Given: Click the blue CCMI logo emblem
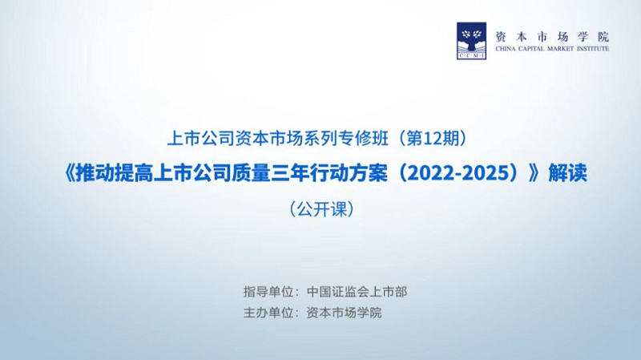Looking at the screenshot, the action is click(471, 41).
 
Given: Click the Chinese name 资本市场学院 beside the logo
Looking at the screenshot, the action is click(552, 37).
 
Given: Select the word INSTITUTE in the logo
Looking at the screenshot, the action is click(593, 49).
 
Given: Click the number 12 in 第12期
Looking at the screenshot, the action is click(433, 139).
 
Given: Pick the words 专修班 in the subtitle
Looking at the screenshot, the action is click(364, 139).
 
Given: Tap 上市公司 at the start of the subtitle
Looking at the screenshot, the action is click(201, 139).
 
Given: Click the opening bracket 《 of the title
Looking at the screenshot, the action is click(70, 173).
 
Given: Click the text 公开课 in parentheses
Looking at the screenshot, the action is click(321, 209).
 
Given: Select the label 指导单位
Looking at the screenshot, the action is click(268, 292).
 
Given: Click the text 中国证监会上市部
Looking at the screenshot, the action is click(357, 292).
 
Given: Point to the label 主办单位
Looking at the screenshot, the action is click(268, 313).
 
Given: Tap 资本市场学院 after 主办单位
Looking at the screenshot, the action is click(345, 313).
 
